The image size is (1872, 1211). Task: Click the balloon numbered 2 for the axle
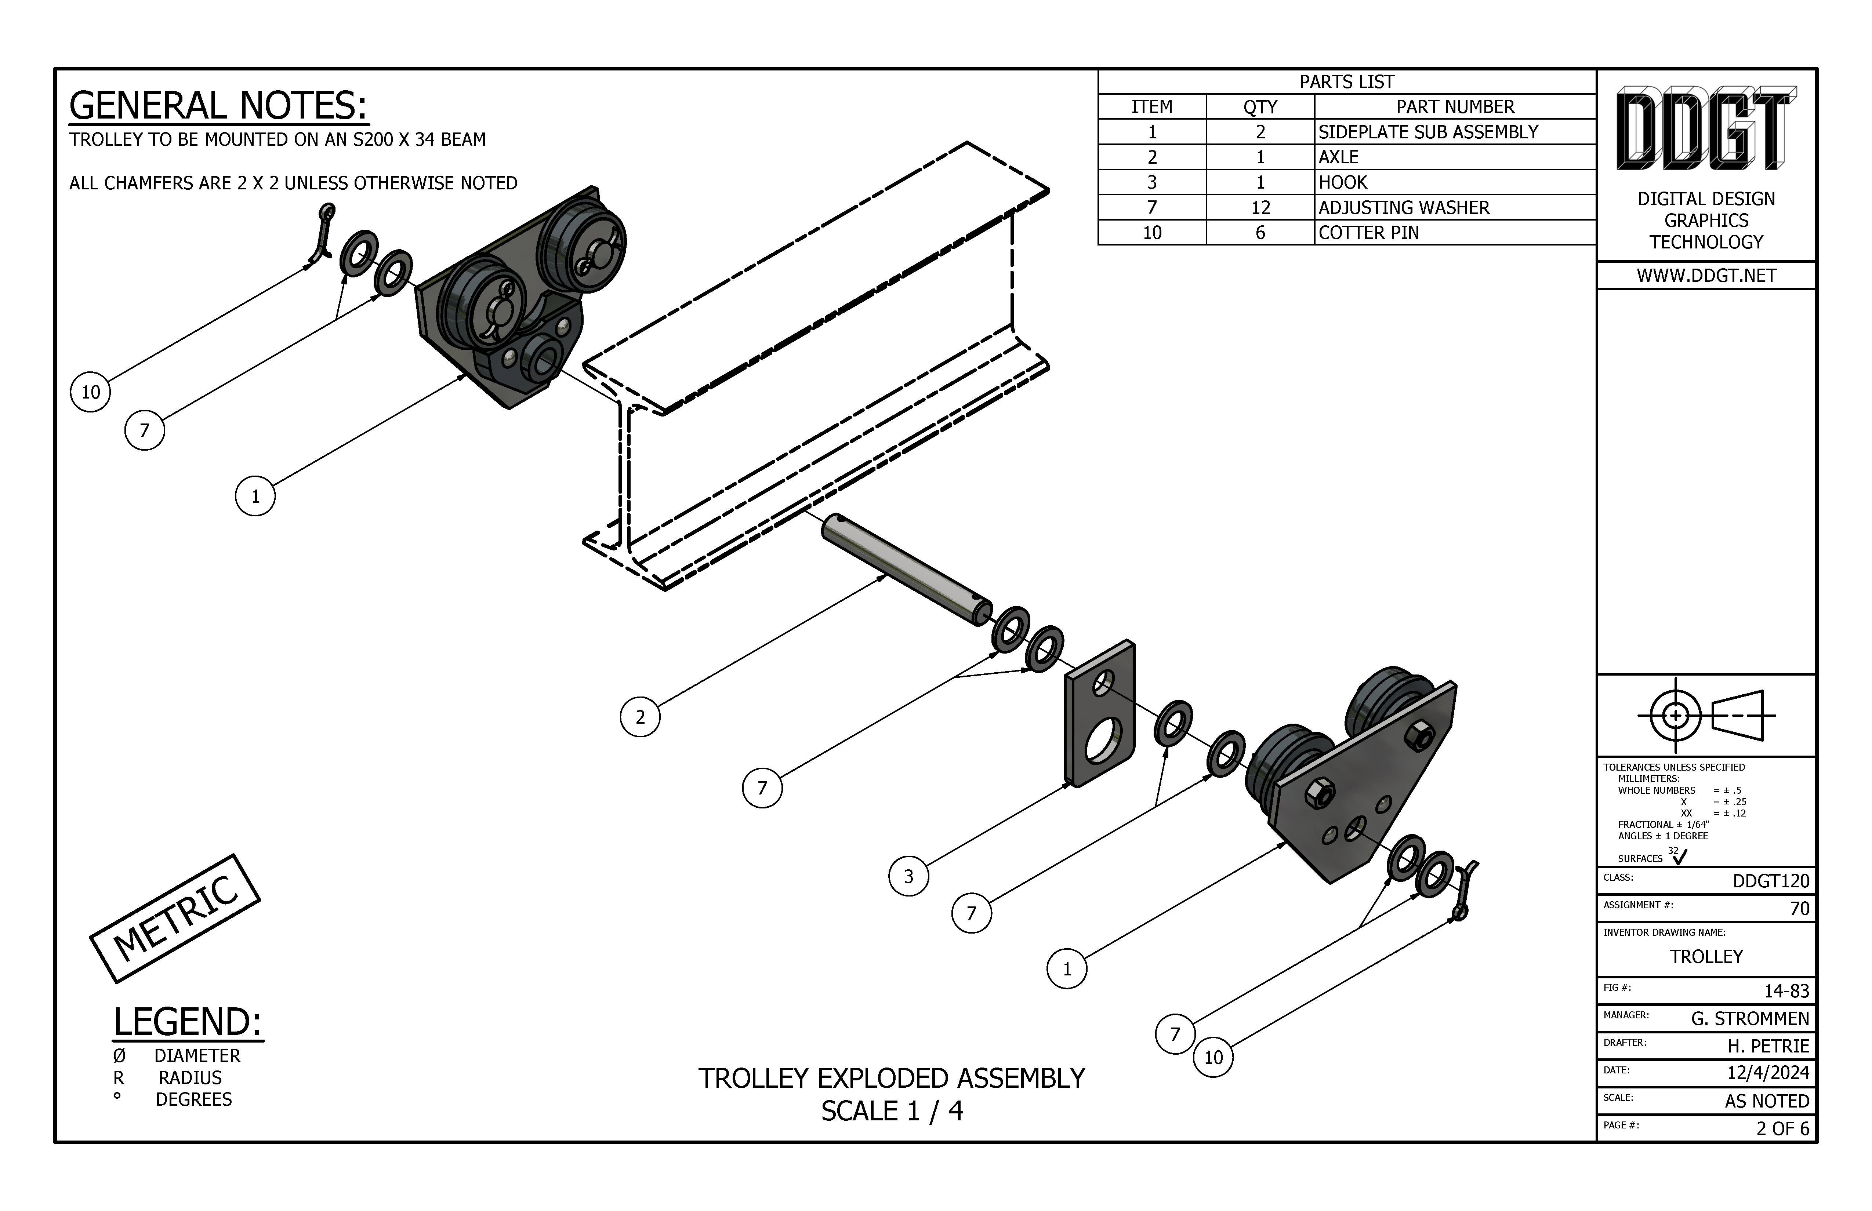click(639, 716)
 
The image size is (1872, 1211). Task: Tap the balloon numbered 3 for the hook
click(908, 876)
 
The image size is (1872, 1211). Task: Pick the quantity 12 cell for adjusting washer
click(1260, 208)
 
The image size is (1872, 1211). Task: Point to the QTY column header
click(1260, 107)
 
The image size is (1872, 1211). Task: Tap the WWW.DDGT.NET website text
click(1706, 275)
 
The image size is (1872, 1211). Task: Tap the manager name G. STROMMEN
click(1749, 1018)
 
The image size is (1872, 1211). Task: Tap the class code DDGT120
click(1771, 881)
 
